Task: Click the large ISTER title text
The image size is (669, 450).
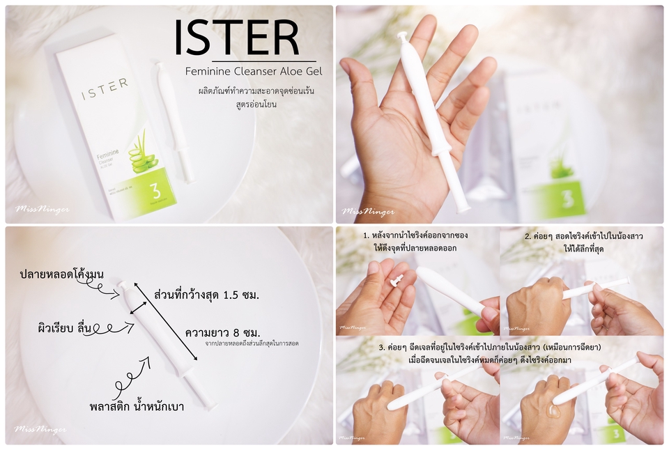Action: click(237, 38)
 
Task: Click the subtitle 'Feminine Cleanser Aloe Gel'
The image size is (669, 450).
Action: click(250, 72)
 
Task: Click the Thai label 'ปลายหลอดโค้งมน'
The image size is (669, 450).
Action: click(62, 274)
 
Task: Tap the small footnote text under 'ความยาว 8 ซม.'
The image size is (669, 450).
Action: click(252, 343)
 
